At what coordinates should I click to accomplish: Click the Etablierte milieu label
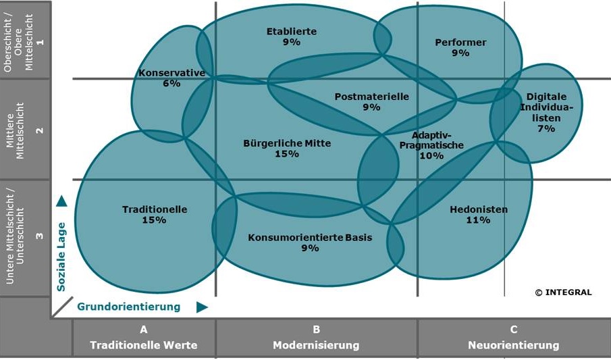(291, 31)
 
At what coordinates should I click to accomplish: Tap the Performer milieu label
(460, 43)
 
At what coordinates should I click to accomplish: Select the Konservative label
(171, 73)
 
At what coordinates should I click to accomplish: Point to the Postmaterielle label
(371, 97)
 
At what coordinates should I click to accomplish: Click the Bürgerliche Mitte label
(287, 143)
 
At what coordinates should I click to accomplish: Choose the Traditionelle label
(155, 209)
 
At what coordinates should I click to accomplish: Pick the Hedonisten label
(479, 209)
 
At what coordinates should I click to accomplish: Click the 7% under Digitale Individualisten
(546, 128)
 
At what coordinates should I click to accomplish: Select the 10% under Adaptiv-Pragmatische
(431, 155)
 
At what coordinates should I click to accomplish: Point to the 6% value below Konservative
(171, 84)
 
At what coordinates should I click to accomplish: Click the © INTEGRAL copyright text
(563, 292)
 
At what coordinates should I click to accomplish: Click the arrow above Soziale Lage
(61, 201)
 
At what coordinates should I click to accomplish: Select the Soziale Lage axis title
(61, 257)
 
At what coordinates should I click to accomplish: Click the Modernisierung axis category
(316, 345)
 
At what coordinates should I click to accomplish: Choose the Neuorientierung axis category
(514, 345)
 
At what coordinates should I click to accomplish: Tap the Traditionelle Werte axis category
(144, 345)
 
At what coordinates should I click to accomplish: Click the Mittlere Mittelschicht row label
(25, 128)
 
